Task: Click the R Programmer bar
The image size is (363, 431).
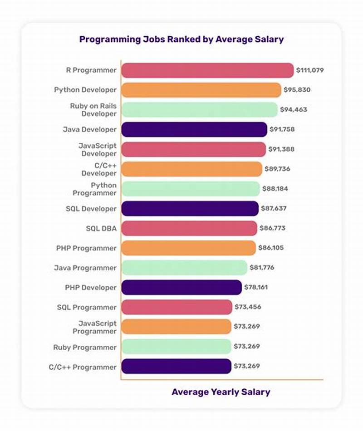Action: tap(207, 70)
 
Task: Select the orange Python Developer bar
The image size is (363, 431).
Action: tap(201, 90)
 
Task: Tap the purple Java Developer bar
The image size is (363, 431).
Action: tap(194, 129)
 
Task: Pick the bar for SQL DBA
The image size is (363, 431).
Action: tap(189, 228)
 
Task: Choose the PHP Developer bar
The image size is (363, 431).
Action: tap(181, 288)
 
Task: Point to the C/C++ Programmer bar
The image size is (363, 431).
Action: tap(177, 366)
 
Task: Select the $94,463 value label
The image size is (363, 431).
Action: tap(294, 110)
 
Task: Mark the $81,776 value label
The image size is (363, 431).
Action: tap(262, 268)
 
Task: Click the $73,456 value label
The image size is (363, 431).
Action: tap(248, 307)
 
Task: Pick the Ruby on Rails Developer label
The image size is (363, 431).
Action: tap(93, 110)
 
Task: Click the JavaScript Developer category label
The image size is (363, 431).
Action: tap(97, 149)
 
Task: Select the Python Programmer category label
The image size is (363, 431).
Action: tap(94, 189)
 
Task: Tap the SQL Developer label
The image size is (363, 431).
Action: tap(91, 209)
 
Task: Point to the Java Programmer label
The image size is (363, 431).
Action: tap(85, 268)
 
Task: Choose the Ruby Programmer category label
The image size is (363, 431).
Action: tap(85, 347)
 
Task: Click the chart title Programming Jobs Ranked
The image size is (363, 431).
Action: tap(181, 39)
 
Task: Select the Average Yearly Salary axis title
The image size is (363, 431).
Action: tap(221, 392)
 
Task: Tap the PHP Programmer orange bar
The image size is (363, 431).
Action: tap(189, 248)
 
